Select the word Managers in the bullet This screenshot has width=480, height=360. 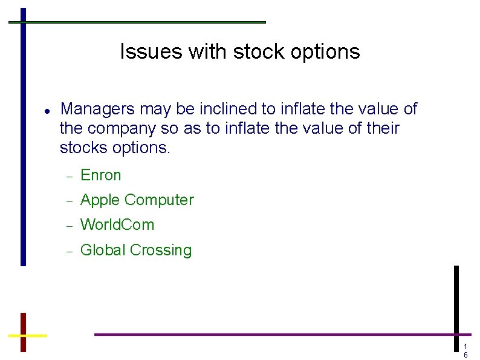[98, 110]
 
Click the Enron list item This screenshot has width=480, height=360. [101, 175]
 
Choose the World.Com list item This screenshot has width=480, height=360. [117, 225]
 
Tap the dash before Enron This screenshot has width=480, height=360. [69, 176]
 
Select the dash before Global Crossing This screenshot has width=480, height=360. [69, 251]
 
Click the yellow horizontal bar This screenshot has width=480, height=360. [28, 335]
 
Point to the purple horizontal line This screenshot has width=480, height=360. [272, 334]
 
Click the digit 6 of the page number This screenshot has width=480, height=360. [465, 355]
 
